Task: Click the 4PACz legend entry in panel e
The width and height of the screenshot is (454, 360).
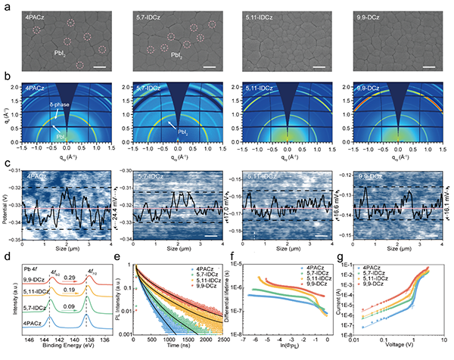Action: [x=193, y=268]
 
